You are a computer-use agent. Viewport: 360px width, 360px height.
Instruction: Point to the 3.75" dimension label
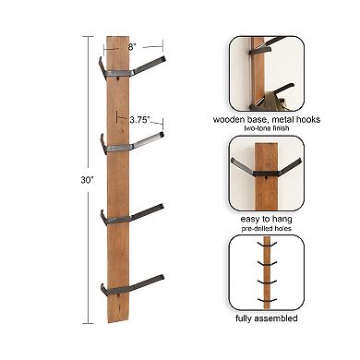click(139, 119)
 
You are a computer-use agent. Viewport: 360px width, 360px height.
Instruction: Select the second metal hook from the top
click(135, 143)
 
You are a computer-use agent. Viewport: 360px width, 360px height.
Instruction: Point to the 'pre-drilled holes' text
click(269, 226)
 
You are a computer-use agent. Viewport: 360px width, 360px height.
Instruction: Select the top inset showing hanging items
click(268, 72)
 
